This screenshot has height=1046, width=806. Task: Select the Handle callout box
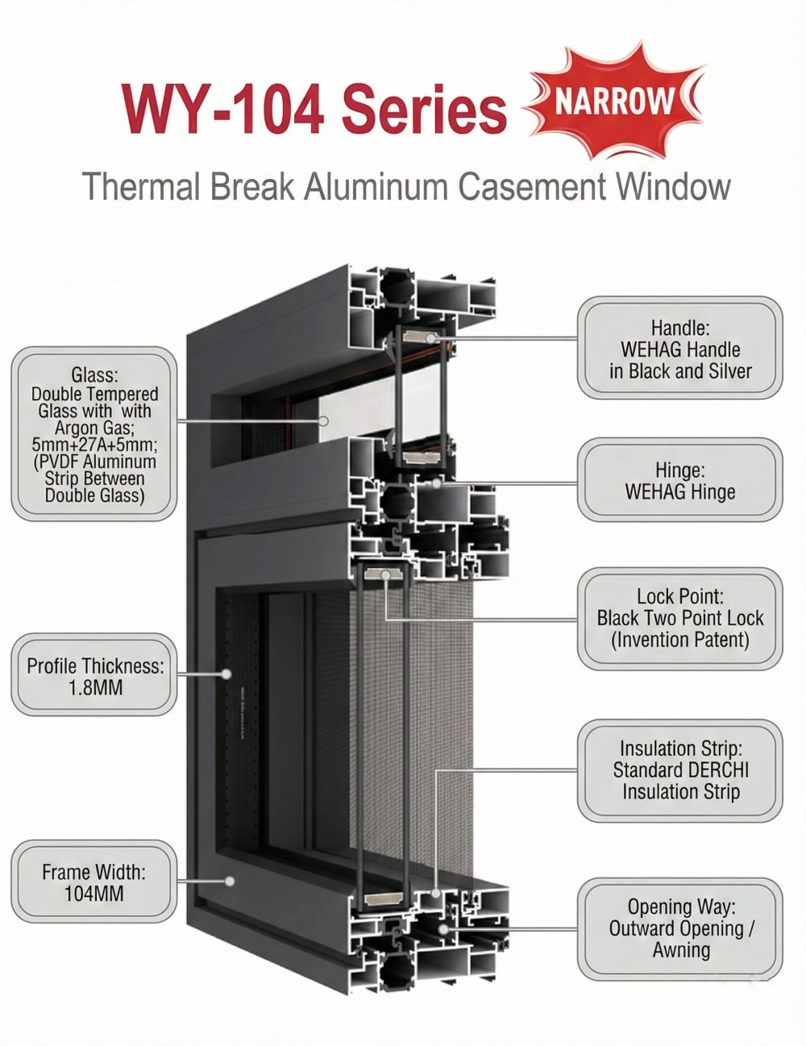(x=680, y=348)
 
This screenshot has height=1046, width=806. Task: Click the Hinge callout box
(x=680, y=480)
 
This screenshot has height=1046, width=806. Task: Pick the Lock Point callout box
(x=680, y=618)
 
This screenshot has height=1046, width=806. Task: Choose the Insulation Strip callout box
(x=680, y=770)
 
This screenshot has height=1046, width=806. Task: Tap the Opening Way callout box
(x=680, y=928)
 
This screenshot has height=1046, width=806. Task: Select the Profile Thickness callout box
(x=94, y=676)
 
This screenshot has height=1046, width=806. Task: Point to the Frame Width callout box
(x=94, y=882)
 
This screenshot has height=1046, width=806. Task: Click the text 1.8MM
(x=95, y=688)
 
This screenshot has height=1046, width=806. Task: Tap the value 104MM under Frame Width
(x=94, y=893)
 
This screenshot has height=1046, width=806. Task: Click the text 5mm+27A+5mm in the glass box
(x=94, y=444)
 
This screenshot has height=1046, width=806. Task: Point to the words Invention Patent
(x=680, y=640)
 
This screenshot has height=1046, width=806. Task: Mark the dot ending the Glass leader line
(x=322, y=421)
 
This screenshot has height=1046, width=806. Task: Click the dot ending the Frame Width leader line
(x=230, y=881)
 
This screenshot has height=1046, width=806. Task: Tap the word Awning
(x=681, y=950)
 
